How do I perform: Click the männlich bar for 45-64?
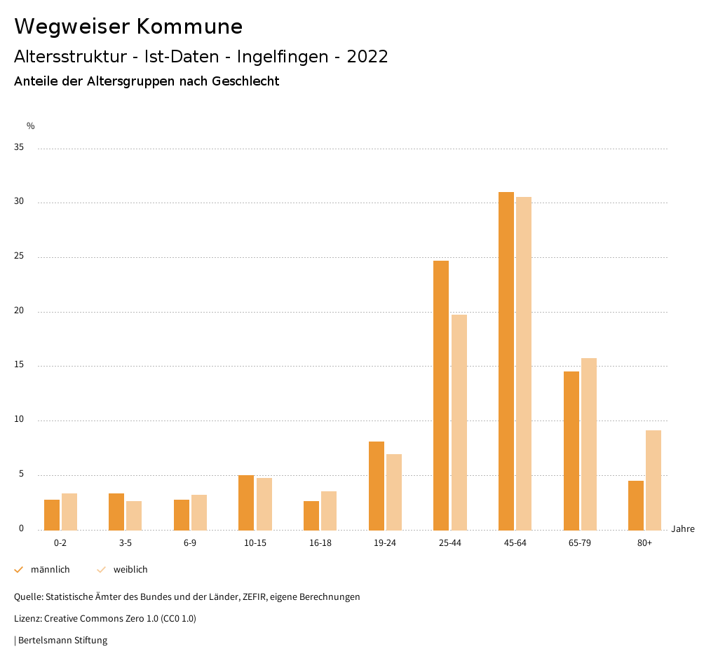tap(506, 361)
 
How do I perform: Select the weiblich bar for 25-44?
tap(459, 422)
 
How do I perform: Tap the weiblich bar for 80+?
tap(653, 480)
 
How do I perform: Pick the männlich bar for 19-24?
tap(376, 486)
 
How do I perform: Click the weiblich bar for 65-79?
tap(588, 444)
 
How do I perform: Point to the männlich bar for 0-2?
tap(52, 514)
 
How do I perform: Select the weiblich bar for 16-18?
tap(329, 510)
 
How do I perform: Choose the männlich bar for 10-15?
tap(246, 503)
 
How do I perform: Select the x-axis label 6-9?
tap(190, 543)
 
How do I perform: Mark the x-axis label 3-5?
tap(125, 543)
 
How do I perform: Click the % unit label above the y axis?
tap(30, 126)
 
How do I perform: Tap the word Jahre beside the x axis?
tap(682, 529)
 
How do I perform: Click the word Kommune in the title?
tap(189, 27)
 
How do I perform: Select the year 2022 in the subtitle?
tap(367, 57)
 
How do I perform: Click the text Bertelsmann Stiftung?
tap(62, 640)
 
